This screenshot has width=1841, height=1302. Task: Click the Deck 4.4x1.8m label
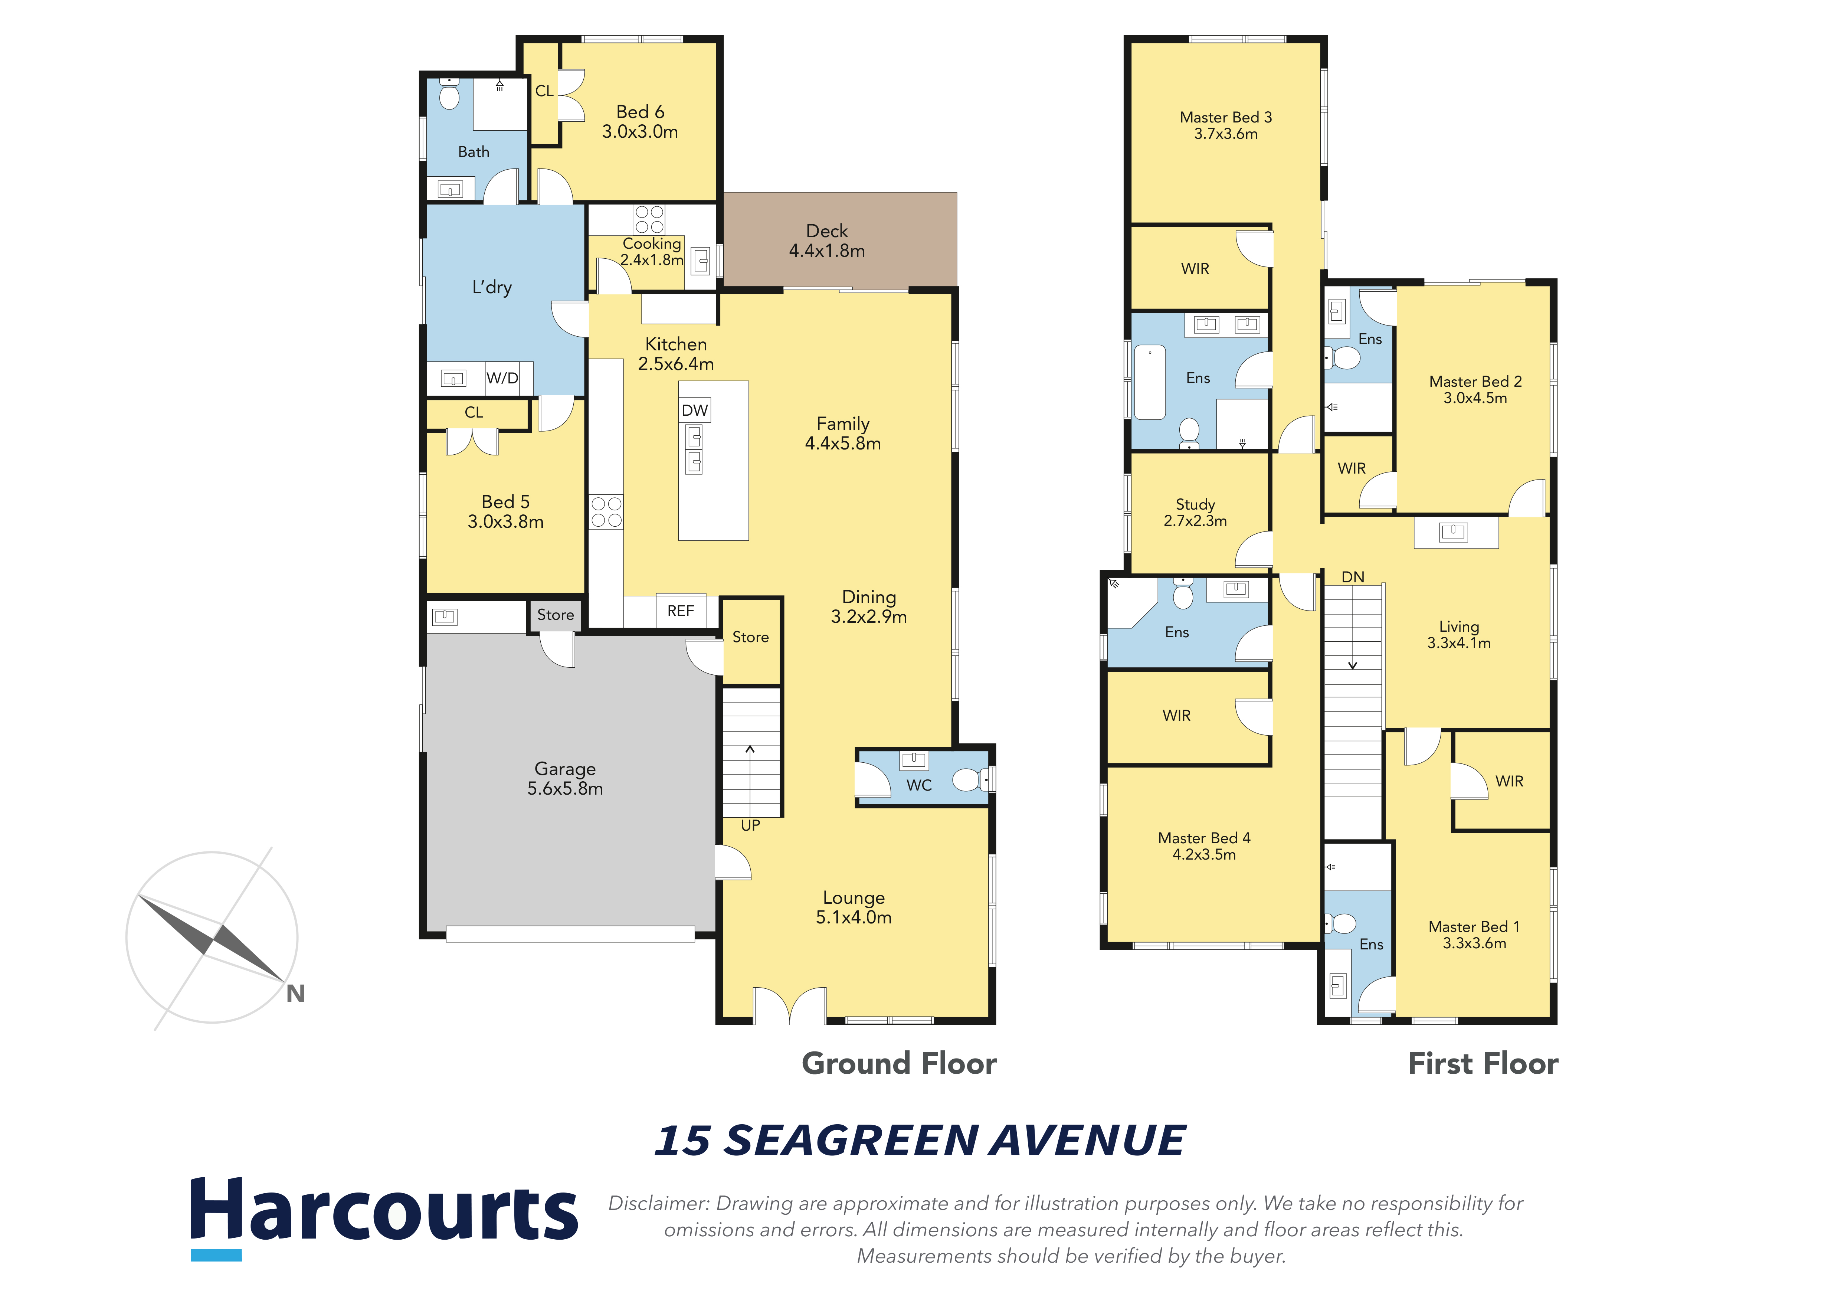point(827,241)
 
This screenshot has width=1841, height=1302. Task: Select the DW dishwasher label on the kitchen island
point(694,410)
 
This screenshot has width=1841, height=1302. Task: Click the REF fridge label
point(680,611)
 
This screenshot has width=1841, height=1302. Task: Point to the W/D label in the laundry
point(502,377)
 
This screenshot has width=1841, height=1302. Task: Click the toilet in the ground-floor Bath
point(450,94)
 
